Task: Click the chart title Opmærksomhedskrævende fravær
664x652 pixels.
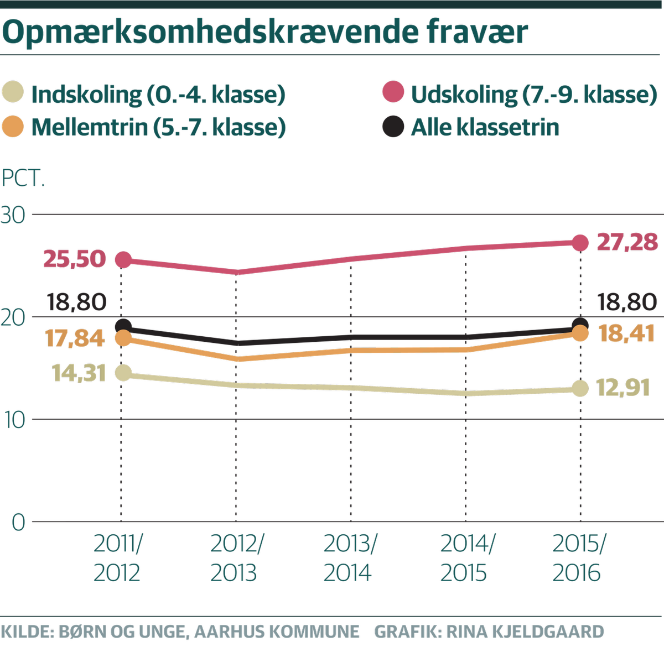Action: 265,33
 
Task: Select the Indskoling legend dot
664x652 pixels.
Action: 13,93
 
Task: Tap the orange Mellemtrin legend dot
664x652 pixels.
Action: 13,126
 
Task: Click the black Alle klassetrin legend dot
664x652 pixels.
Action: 393,126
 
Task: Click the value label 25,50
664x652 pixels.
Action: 75,259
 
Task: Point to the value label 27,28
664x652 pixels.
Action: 627,242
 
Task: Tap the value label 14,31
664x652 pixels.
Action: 79,373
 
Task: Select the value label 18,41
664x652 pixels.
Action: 629,333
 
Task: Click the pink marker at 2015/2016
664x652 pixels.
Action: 580,242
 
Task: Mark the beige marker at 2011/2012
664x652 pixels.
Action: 123,373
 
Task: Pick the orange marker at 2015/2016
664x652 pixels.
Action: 580,333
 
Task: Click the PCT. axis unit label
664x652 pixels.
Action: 23,180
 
